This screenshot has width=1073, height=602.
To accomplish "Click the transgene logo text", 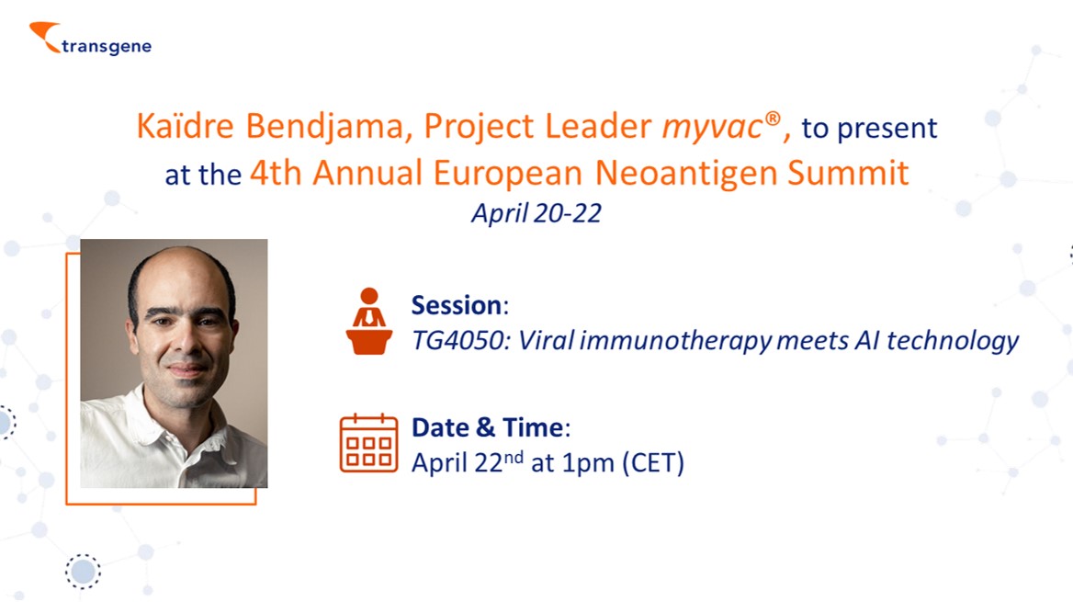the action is click(107, 47).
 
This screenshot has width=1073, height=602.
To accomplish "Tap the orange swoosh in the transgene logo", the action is click(44, 36).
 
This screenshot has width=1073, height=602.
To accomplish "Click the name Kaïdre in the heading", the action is click(185, 126).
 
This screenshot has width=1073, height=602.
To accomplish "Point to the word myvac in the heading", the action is click(712, 128).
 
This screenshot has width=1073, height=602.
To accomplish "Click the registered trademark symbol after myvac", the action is click(773, 119).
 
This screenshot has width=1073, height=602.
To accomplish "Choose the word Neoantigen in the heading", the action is click(686, 174).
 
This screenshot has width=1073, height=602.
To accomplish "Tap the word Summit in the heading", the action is click(848, 173).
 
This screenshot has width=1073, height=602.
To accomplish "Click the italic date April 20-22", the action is click(536, 213).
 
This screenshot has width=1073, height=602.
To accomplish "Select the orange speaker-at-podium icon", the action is click(369, 321).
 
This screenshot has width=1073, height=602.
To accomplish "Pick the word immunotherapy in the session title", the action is click(675, 341).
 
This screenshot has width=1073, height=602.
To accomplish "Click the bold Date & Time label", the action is click(491, 427).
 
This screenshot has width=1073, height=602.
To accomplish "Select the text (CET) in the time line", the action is click(653, 463).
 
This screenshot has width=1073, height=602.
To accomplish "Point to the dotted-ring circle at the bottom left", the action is click(83, 571).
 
